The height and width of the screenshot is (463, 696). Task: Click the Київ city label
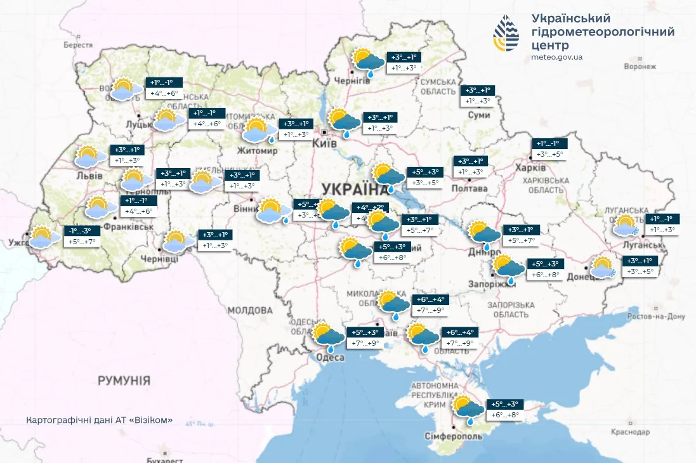(x=325, y=145)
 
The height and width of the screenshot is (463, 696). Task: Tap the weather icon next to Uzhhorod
(x=41, y=237)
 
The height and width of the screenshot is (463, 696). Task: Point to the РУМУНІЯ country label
(x=124, y=381)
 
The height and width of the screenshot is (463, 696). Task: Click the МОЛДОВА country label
(x=250, y=311)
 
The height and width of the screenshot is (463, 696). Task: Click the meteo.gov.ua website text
(x=557, y=57)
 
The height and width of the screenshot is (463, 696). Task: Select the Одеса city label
(x=330, y=358)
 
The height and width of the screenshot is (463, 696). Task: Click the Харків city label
(x=532, y=168)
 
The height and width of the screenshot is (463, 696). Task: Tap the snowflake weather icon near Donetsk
(x=603, y=267)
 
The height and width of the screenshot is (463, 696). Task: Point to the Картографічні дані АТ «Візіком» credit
(x=100, y=421)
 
